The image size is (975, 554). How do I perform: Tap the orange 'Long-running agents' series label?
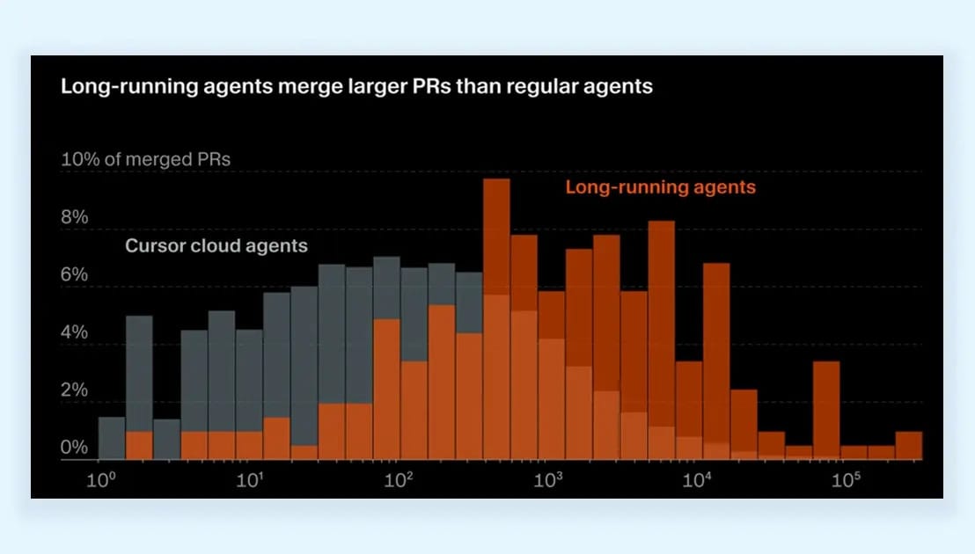660,187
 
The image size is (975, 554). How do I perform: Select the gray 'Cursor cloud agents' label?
216,245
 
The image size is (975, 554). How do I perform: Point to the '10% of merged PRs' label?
145,159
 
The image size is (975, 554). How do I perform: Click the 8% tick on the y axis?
74,217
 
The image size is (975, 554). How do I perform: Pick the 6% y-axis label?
74,275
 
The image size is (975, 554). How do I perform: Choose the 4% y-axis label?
74,333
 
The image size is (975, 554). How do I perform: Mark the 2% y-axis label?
74,390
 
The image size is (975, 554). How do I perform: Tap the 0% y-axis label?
74,448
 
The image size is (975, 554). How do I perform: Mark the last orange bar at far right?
908,445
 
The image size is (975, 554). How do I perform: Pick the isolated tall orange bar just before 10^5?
825,410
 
